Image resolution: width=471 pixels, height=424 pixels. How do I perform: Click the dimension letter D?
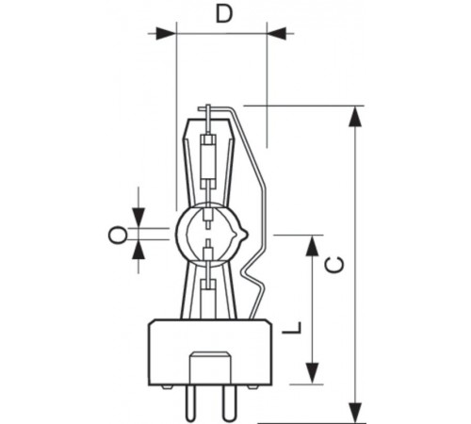[x=223, y=13]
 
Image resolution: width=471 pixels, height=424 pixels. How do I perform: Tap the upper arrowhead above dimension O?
[x=139, y=218]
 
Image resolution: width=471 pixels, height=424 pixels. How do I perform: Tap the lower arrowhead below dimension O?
[x=139, y=251]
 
